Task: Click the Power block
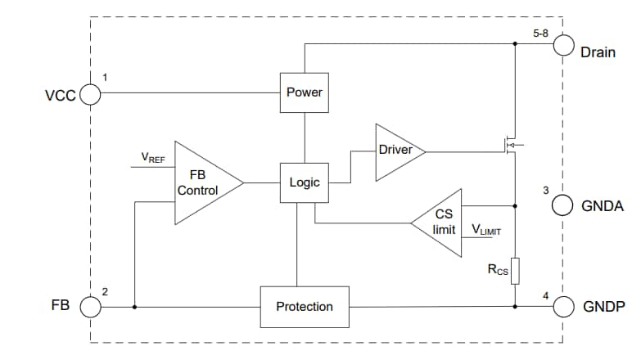[305, 92]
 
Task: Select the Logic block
[305, 182]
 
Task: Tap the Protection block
[305, 306]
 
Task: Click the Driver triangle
[396, 151]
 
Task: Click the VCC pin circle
[89, 95]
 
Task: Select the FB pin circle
[89, 307]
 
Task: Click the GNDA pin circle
[562, 205]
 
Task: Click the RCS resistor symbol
[515, 271]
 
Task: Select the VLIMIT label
[481, 231]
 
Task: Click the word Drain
[598, 53]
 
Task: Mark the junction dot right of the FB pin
[133, 307]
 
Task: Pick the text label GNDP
[603, 308]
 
